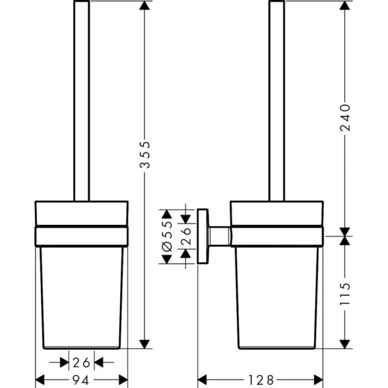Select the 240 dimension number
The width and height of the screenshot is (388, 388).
click(x=345, y=118)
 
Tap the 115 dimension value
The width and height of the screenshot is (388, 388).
click(x=345, y=296)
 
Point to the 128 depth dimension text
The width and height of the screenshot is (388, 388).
click(x=261, y=380)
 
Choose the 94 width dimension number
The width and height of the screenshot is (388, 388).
click(x=82, y=380)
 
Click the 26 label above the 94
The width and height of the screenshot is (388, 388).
click(x=81, y=363)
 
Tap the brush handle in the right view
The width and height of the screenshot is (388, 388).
click(x=277, y=100)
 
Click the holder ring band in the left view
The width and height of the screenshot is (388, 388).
click(x=81, y=235)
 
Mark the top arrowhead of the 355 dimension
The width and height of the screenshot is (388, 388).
click(x=145, y=6)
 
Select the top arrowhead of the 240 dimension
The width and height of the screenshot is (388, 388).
click(x=345, y=6)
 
